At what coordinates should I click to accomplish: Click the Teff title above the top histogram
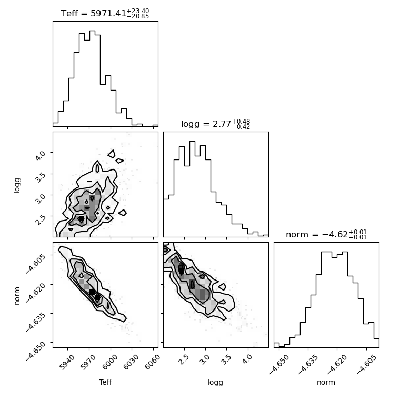coord(105,13)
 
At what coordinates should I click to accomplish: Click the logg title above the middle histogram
coord(216,124)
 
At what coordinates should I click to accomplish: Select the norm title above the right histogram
coord(326,234)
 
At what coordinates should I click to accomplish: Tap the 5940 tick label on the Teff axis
coord(67,362)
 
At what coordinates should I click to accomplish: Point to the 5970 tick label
coord(88,362)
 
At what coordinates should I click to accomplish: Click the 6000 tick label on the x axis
coord(110,362)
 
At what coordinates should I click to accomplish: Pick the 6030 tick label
coord(131,362)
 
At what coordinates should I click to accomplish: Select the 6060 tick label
coord(153,362)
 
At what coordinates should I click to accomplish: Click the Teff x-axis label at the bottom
coord(105,382)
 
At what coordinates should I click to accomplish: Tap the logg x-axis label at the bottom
coord(216,382)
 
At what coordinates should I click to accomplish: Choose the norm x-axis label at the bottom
coord(326,382)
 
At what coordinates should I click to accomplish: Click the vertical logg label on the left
coord(17,185)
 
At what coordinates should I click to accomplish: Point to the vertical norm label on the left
coord(17,296)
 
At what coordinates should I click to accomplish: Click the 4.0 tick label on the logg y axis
coord(41,155)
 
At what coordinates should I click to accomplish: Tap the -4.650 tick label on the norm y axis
coord(36,351)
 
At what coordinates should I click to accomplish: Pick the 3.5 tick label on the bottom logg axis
coord(225,359)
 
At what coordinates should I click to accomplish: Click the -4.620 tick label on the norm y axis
coord(36,293)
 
